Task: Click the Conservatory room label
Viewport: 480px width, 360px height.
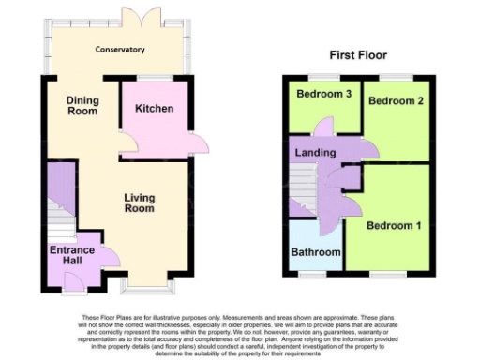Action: [119, 50]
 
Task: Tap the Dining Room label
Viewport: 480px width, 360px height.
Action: [82, 105]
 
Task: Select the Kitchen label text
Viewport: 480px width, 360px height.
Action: [154, 109]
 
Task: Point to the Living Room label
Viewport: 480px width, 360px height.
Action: [139, 202]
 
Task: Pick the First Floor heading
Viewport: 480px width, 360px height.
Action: [357, 55]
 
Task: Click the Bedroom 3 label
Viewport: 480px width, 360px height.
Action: [322, 95]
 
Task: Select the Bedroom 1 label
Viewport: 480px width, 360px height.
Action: [394, 226]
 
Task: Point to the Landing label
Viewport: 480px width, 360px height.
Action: [314, 153]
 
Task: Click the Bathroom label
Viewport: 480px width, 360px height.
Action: [315, 252]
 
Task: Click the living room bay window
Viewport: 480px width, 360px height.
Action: [145, 280]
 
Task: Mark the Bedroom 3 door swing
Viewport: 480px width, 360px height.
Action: [324, 127]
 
